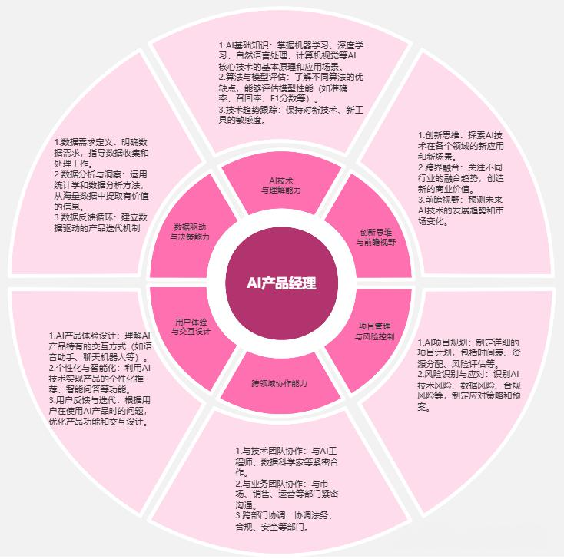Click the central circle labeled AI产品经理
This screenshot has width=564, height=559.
point(280,283)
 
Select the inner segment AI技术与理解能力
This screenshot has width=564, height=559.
point(280,184)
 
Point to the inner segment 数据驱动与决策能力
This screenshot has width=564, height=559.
point(189,233)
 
